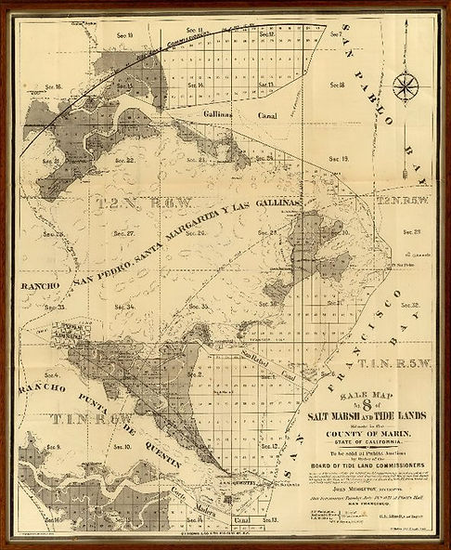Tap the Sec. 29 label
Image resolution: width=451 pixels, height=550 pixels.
click(x=412, y=231)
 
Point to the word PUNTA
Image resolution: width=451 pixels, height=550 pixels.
click(x=97, y=399)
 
